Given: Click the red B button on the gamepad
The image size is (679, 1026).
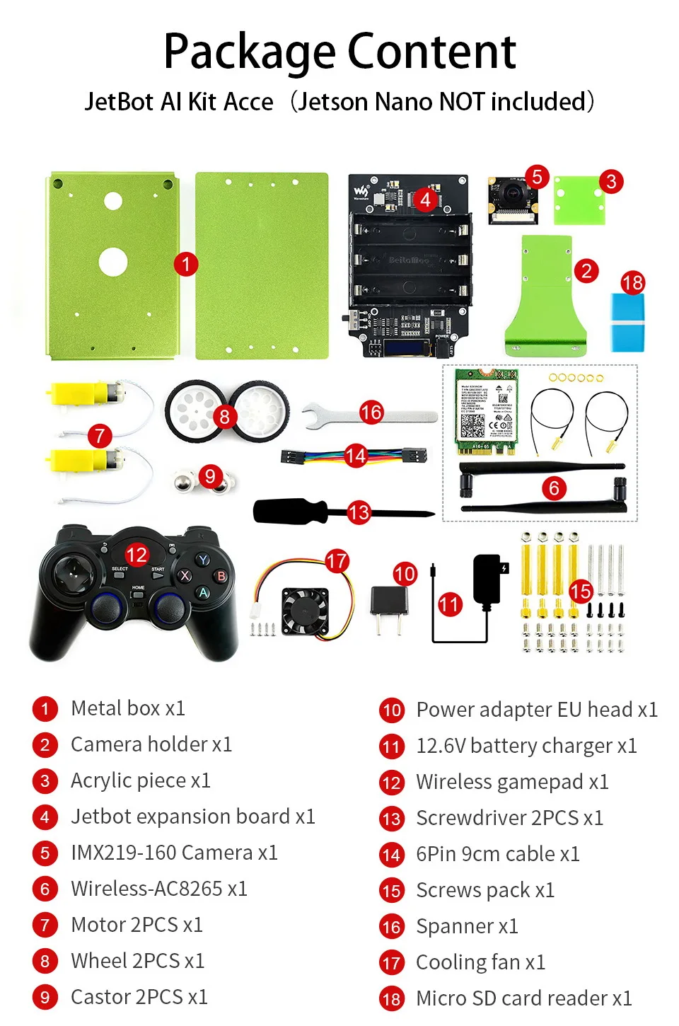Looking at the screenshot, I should tap(221, 576).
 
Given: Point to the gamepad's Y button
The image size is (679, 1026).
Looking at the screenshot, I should tap(203, 560).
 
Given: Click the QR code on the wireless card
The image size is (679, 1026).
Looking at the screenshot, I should tap(472, 425).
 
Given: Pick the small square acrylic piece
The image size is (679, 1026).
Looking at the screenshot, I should tap(579, 200).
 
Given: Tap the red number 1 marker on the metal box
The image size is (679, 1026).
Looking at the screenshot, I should tap(186, 265).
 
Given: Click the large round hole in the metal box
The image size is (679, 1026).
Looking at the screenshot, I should tap(113, 262).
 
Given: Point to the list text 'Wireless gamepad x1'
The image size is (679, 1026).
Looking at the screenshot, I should tap(512, 782).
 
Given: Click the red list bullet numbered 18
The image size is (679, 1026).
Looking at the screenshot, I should tap(391, 999).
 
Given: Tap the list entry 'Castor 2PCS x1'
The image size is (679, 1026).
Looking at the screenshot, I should tap(139, 997).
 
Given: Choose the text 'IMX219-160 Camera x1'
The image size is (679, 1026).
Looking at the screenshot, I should tap(174, 853).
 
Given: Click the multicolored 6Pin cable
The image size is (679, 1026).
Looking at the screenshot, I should tap(354, 456).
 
